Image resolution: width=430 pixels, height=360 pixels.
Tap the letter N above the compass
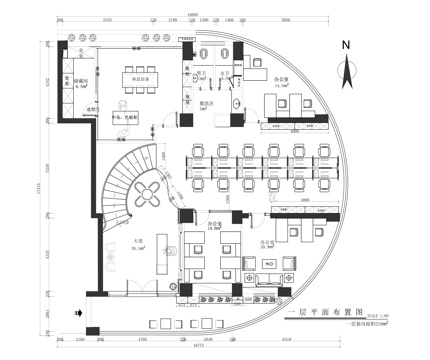tap(344, 45)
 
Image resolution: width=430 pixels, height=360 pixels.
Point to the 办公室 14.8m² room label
tap(214, 226)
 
